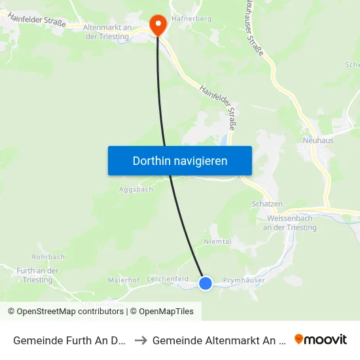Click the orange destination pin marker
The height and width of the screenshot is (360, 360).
[x=158, y=25]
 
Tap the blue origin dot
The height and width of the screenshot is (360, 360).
[x=206, y=283]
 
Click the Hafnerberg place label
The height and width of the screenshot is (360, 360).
[x=191, y=20]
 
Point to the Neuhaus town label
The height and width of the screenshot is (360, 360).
[x=318, y=141]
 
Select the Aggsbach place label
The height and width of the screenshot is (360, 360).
[x=135, y=189]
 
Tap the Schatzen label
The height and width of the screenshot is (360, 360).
[x=267, y=204]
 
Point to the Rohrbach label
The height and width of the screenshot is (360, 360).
[x=48, y=257]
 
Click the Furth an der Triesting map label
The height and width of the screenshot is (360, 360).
[x=38, y=276]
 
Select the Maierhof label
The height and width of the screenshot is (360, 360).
[x=124, y=279]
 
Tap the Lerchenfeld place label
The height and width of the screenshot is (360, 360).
[x=168, y=279]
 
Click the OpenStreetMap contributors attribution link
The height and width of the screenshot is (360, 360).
[x=70, y=312]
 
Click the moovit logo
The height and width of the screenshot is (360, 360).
[x=321, y=339]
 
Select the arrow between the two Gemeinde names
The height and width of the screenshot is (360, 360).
[x=141, y=340]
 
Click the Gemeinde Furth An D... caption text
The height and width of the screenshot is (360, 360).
[x=69, y=340]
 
